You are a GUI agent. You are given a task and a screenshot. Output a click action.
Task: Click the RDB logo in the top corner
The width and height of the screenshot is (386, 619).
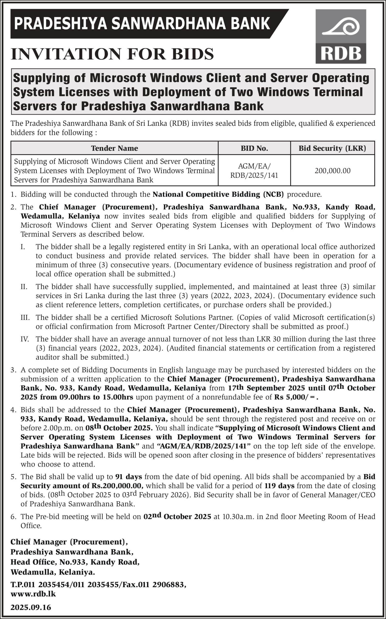point(341,37)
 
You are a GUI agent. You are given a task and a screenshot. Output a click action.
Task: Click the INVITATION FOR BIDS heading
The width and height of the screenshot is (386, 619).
point(112,54)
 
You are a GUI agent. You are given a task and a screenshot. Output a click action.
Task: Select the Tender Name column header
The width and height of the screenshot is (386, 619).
point(114,148)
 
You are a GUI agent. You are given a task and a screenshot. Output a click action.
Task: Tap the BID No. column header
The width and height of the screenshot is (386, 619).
point(254,148)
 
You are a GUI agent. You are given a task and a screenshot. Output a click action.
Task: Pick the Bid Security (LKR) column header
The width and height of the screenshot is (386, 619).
point(332,148)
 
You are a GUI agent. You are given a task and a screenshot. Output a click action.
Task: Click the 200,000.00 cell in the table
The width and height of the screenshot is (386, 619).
point(332,170)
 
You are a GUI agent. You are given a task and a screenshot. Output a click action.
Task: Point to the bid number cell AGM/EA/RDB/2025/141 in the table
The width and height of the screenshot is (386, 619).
point(254,171)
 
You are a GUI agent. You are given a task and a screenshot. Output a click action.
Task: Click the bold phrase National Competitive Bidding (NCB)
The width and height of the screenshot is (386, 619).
point(218,194)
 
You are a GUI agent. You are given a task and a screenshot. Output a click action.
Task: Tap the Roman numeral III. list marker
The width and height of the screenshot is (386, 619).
point(25,317)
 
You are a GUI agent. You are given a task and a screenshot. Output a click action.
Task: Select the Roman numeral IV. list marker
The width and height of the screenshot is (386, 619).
point(25,339)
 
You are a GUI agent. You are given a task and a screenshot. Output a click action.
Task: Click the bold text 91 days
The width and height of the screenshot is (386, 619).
point(128,477)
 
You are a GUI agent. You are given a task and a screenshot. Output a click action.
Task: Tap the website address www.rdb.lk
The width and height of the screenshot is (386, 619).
point(33,594)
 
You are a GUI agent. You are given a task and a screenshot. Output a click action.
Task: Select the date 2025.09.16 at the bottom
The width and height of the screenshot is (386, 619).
point(31,607)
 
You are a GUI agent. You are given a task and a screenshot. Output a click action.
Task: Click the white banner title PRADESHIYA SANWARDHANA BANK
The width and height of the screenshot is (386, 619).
point(142,23)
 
